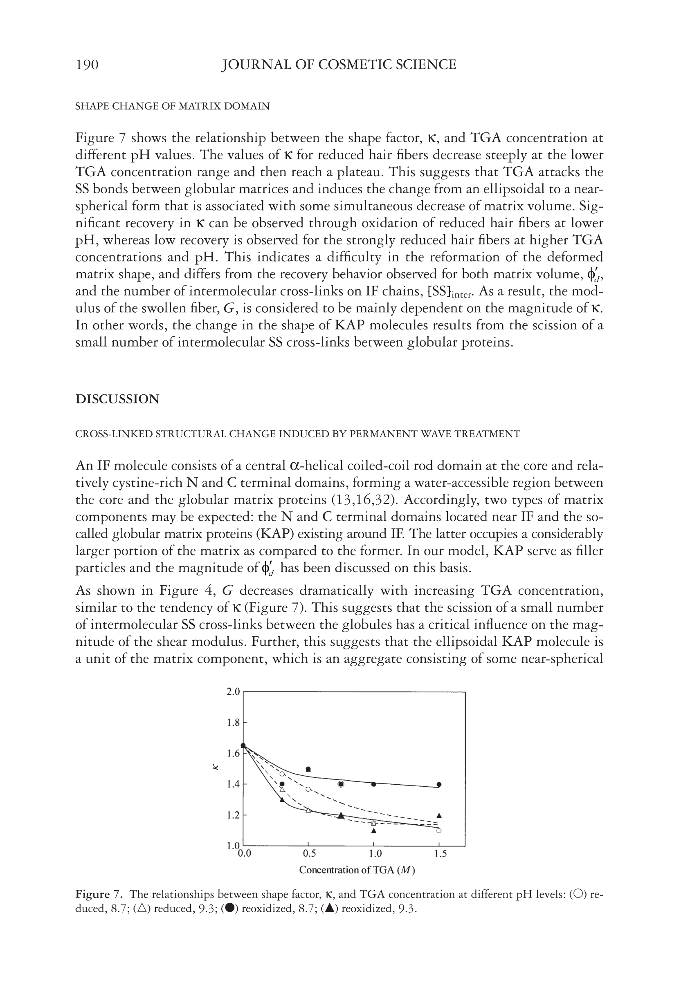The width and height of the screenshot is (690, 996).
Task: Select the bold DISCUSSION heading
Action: click(x=117, y=398)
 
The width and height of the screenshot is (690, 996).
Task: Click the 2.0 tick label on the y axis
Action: click(x=233, y=692)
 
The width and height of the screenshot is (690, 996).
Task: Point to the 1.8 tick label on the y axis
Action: click(x=233, y=723)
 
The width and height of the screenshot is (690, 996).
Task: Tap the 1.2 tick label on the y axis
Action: click(x=233, y=815)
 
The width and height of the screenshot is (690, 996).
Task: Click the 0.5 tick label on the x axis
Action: click(x=309, y=853)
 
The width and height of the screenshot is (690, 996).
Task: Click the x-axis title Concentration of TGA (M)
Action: click(x=357, y=869)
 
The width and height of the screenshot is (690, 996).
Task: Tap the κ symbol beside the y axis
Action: click(x=216, y=768)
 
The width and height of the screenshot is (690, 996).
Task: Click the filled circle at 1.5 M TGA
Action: click(x=439, y=784)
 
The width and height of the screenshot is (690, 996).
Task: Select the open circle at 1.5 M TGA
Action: click(x=439, y=830)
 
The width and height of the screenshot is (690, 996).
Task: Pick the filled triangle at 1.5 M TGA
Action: click(x=439, y=815)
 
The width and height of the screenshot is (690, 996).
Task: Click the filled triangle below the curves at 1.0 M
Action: click(x=374, y=830)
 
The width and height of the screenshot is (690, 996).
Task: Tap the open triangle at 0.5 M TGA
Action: click(x=308, y=810)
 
